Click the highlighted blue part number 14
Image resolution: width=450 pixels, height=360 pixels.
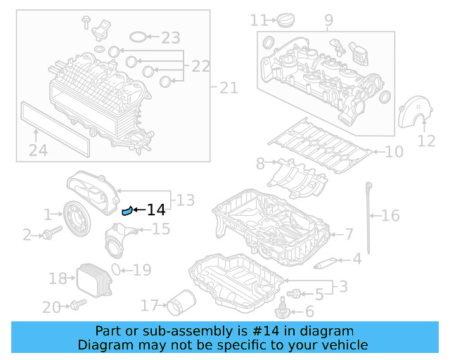pos(127,210)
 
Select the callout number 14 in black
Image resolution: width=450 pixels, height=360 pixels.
pos(155,210)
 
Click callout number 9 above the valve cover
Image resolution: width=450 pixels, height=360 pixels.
pos(328,20)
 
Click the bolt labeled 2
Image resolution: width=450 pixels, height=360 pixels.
pos(46,234)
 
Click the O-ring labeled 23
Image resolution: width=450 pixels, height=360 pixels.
pos(141,37)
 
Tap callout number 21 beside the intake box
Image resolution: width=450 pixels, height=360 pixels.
pos(229,88)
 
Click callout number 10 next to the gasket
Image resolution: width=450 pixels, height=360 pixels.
pos(394,151)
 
